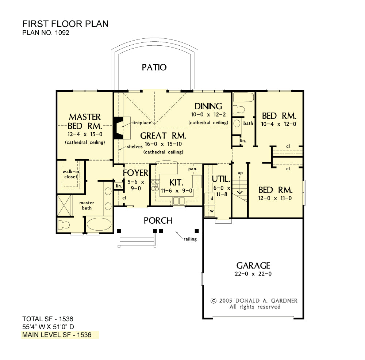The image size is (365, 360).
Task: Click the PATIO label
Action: click(x=154, y=67)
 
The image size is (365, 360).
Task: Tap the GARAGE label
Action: click(x=253, y=266)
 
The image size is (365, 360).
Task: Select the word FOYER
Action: click(x=135, y=173)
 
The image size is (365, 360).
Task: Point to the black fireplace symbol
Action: click(x=118, y=128)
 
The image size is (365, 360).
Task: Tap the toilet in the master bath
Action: click(x=64, y=225)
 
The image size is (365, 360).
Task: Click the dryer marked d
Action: click(x=210, y=198)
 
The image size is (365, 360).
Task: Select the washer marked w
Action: click(x=210, y=211)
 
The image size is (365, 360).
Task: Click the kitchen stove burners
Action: click(x=155, y=185)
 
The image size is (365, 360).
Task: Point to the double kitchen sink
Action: click(x=179, y=201)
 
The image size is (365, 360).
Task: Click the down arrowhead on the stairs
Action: click(x=240, y=192)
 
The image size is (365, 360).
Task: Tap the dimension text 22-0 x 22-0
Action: click(x=253, y=274)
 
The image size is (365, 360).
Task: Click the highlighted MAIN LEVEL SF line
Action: click(x=57, y=335)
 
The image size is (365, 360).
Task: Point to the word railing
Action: click(x=190, y=239)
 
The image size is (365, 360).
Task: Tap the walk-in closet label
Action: click(x=71, y=174)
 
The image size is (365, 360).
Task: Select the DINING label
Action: click(x=208, y=106)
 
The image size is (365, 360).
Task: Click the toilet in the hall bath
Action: click(x=239, y=109)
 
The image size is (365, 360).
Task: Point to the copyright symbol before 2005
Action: click(x=214, y=301)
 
